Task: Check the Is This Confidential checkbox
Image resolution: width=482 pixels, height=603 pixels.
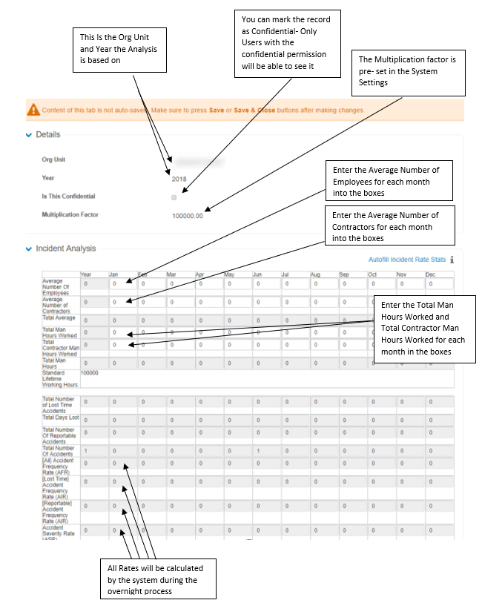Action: [174, 197]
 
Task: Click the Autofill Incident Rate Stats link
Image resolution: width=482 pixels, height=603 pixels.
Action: [406, 260]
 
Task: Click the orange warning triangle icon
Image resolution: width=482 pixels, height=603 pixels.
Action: [33, 111]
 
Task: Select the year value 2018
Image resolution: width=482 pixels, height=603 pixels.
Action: [179, 179]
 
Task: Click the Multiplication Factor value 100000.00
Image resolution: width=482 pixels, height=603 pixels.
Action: [187, 215]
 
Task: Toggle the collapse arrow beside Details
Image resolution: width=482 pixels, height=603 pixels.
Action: [29, 135]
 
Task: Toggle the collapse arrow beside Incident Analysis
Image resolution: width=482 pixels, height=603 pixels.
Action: [29, 249]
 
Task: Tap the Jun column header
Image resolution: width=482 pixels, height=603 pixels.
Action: [257, 274]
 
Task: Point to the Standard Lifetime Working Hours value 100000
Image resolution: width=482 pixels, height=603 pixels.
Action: [89, 372]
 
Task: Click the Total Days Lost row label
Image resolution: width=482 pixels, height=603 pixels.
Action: [60, 418]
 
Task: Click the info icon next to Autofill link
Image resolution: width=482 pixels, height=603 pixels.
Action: [452, 260]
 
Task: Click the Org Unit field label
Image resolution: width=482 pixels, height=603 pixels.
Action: [53, 159]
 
